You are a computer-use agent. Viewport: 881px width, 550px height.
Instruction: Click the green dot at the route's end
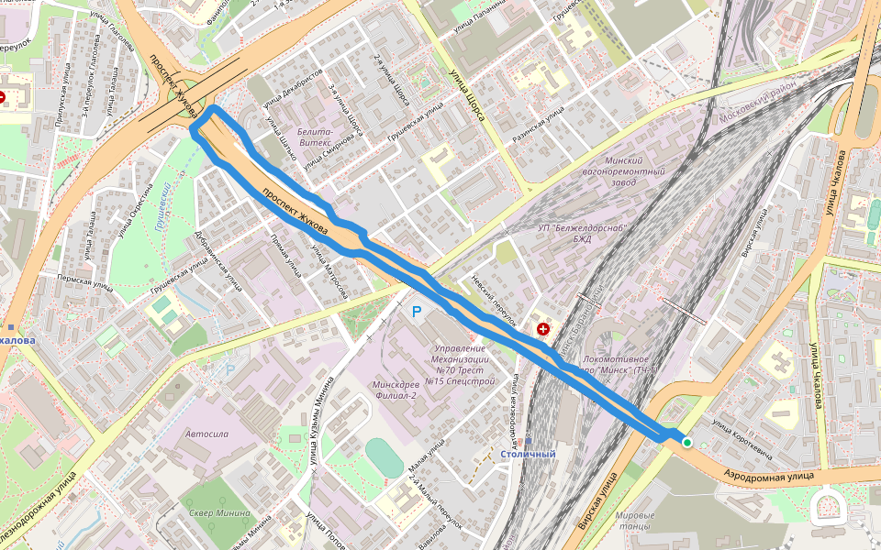pyautogui.click(x=686, y=443)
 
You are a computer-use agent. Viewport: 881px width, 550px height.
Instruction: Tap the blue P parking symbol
pyautogui.click(x=417, y=313)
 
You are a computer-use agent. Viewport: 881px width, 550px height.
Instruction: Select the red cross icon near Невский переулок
pyautogui.click(x=543, y=328)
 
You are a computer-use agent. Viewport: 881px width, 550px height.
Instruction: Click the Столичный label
pyautogui.click(x=528, y=454)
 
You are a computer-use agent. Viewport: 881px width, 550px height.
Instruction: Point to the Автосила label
pyautogui.click(x=206, y=434)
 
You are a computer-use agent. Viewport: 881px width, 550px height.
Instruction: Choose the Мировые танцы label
pyautogui.click(x=635, y=521)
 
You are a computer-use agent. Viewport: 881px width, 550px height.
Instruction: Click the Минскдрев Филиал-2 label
pyautogui.click(x=396, y=390)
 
